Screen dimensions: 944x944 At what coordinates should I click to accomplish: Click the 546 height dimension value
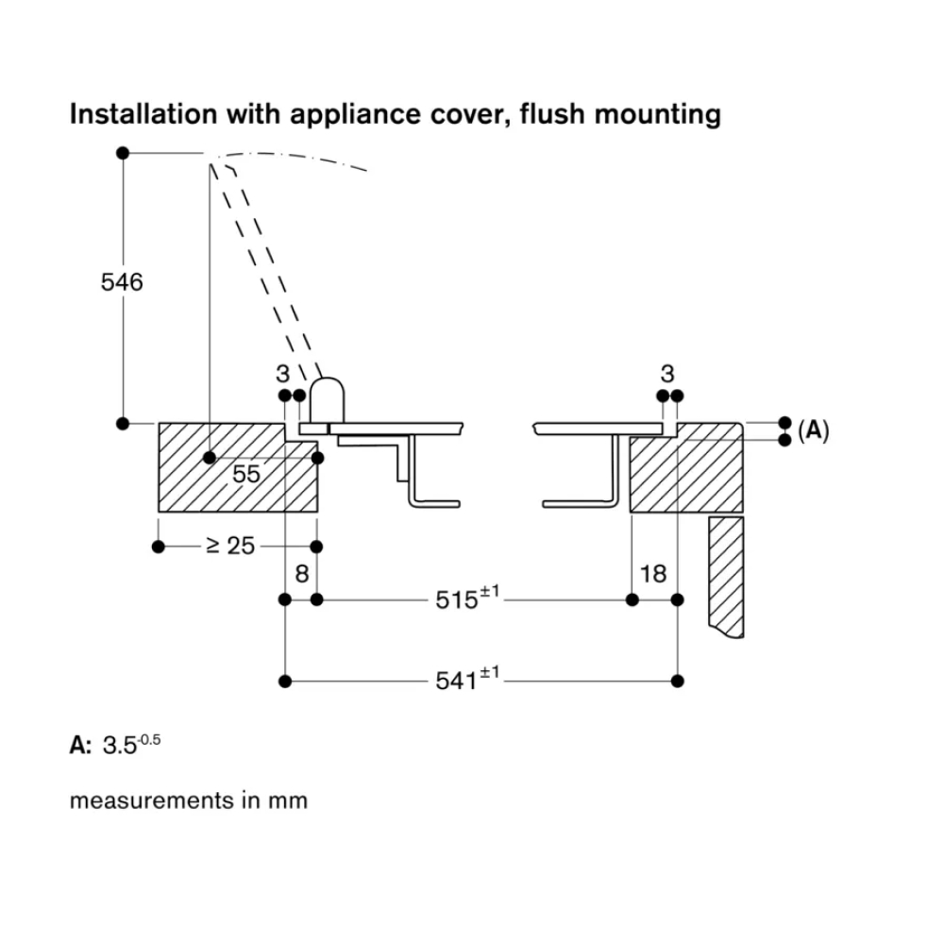coord(122,281)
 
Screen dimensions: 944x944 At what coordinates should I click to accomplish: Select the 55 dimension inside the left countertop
coord(246,474)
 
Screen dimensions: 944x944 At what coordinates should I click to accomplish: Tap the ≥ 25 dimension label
coord(229,546)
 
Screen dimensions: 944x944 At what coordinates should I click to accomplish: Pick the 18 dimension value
coord(652,573)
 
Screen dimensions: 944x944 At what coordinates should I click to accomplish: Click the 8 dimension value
coord(301,573)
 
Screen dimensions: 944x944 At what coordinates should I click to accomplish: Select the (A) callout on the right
coord(813,431)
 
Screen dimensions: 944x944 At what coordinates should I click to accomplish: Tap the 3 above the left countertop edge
coord(283,373)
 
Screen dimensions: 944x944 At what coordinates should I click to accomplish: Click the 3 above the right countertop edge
coord(668,373)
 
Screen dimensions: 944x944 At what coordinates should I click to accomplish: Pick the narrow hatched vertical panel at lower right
coord(726,576)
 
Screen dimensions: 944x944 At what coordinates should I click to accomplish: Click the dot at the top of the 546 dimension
coord(122,153)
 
